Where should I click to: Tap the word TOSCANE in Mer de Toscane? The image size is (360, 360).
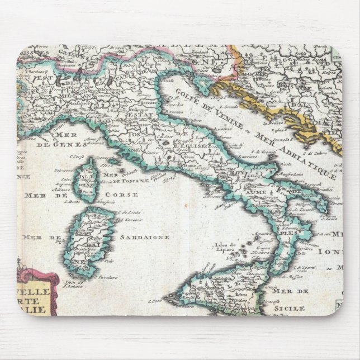tap(138, 181)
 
